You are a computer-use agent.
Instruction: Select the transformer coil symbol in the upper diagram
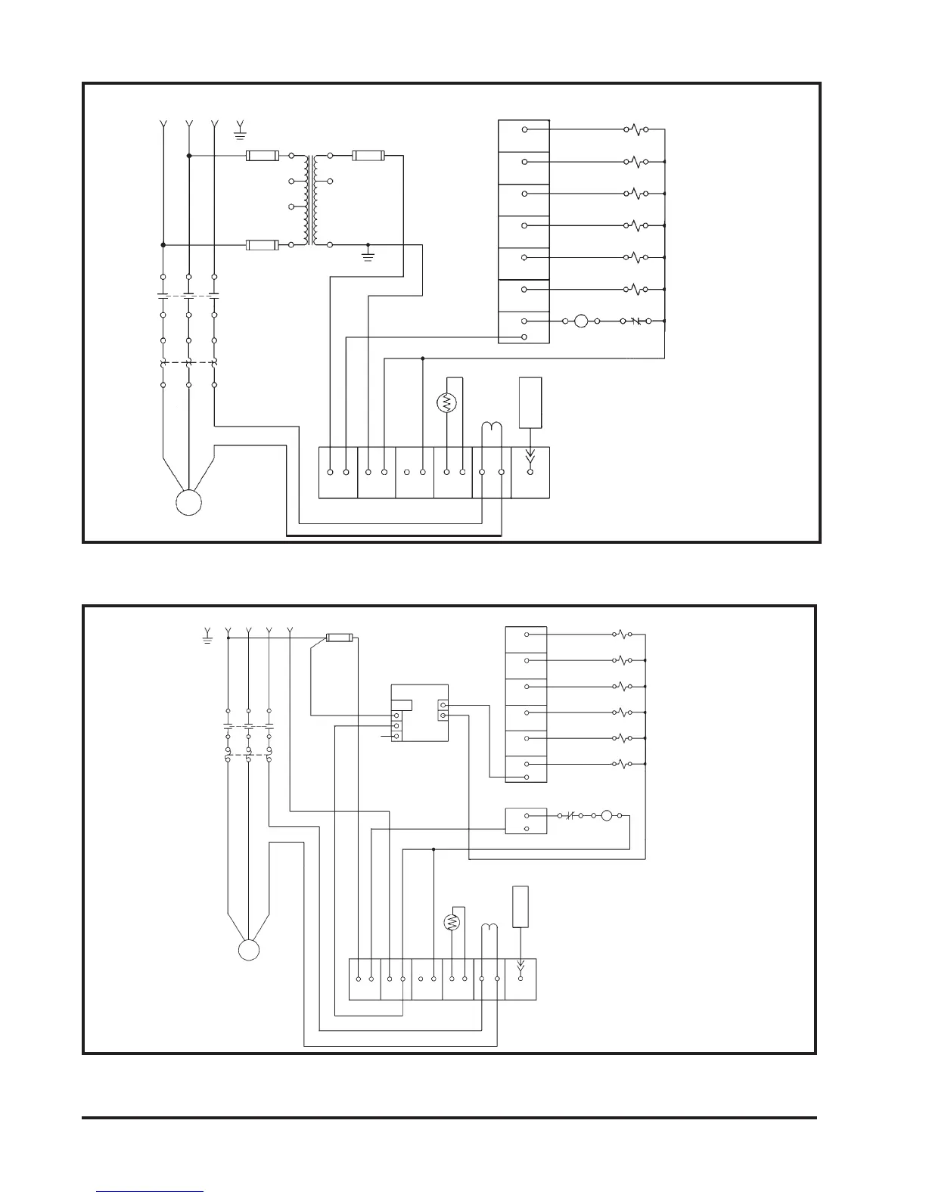pos(310,200)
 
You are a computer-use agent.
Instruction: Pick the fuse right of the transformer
pos(369,157)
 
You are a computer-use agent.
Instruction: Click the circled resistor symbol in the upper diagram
pos(447,403)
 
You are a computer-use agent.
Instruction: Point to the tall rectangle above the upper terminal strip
pos(530,402)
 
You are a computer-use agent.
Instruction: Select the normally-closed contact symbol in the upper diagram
pos(635,321)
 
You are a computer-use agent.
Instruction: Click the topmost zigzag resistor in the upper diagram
pos(635,130)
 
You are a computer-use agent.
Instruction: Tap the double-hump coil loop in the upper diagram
pos(493,429)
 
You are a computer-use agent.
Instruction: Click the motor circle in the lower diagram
pos(249,950)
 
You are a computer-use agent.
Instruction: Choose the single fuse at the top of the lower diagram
pos(338,638)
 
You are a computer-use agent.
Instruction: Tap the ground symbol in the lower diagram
pos(207,638)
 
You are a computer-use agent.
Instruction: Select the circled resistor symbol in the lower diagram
pos(452,922)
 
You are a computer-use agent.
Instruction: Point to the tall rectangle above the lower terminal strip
pos(520,906)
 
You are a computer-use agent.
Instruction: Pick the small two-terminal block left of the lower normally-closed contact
pos(526,821)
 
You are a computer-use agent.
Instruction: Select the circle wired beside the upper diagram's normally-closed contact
pos(581,321)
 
